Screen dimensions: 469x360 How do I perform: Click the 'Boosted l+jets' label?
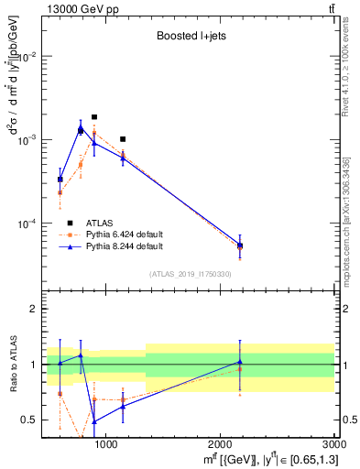pos(189,37)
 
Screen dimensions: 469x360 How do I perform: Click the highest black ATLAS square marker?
pos(94,117)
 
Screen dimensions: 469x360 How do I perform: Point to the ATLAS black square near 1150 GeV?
pos(123,139)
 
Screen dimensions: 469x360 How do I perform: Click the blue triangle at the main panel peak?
pos(81,129)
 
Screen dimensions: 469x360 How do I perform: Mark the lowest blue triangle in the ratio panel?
pos(94,421)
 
